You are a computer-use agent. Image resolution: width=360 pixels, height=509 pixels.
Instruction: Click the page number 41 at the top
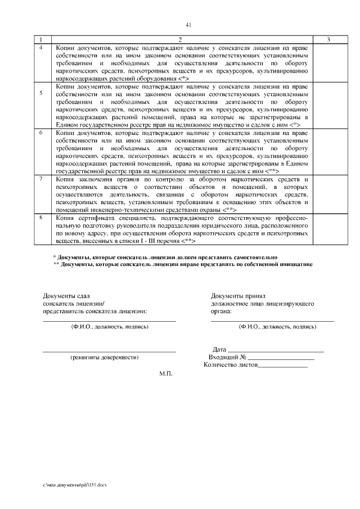tap(188, 25)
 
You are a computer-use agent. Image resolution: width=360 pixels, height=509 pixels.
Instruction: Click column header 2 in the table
tap(180, 39)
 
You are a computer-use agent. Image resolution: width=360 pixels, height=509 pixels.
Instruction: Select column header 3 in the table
tap(328, 39)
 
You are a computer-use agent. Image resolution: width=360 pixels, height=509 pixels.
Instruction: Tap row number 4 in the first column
tap(40, 47)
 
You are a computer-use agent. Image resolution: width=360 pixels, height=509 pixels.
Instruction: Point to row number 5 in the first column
tap(40, 93)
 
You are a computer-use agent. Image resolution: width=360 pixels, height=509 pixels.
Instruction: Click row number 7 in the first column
tap(40, 178)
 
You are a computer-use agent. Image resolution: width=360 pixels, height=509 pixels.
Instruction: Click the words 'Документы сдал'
tap(66, 295)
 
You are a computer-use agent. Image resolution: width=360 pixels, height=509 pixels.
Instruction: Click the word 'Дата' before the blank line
tap(219, 349)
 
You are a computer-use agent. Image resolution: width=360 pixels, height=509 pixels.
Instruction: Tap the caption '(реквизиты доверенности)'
tap(104, 357)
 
